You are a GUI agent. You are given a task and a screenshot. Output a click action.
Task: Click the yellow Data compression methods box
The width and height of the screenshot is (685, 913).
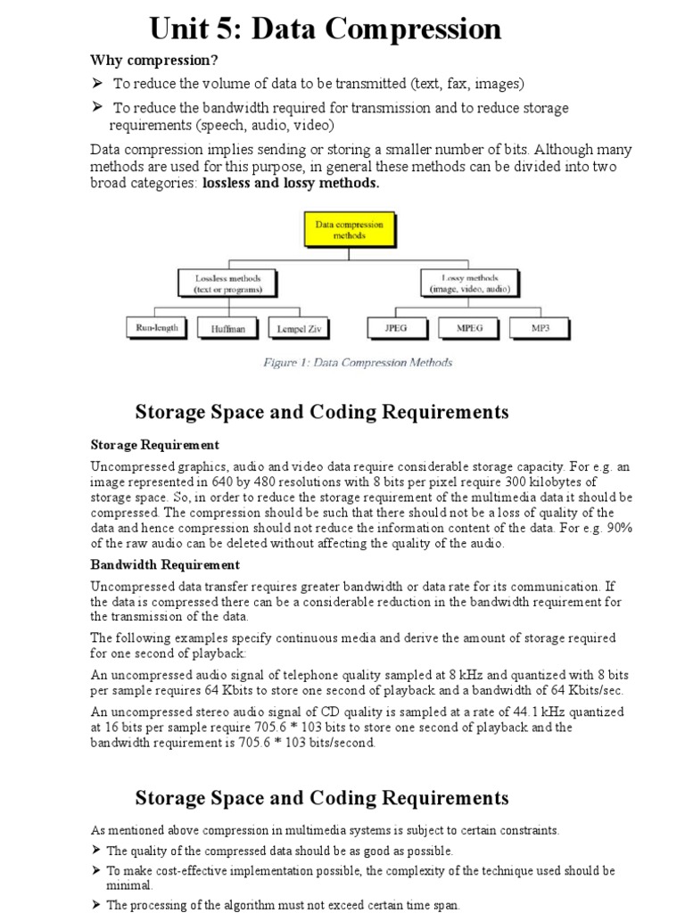350,230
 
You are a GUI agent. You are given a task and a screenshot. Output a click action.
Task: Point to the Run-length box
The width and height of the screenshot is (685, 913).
158,328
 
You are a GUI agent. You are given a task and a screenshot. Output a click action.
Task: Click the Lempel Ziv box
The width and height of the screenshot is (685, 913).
298,328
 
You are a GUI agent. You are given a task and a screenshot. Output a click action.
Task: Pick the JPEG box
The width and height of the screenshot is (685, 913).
396,328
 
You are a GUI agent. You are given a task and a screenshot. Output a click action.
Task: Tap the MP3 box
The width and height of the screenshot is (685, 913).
540,328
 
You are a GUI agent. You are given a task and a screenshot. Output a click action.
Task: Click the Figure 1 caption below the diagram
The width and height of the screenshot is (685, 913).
357,363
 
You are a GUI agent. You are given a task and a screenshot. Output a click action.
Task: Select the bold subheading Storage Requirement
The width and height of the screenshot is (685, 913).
155,444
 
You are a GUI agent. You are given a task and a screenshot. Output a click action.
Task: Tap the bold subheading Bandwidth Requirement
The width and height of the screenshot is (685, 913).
165,564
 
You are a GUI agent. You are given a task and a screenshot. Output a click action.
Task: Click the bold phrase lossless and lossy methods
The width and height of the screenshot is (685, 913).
291,184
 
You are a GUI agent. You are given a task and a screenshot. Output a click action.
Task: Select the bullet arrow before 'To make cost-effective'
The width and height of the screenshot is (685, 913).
96,870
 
